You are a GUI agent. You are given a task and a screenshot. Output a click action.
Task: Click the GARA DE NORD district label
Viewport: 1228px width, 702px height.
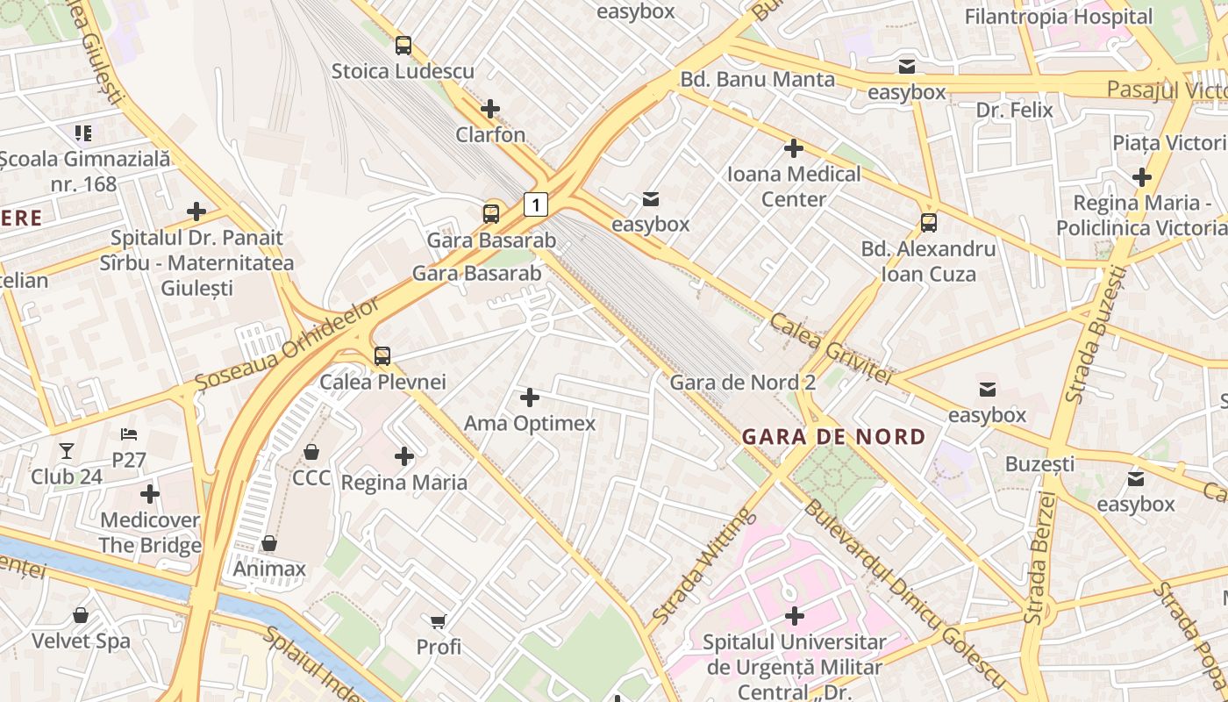(x=833, y=436)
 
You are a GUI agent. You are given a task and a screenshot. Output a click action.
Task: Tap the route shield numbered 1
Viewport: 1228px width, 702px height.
(x=536, y=204)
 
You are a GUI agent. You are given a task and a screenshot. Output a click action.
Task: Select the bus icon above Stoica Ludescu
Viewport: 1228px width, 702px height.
(x=403, y=46)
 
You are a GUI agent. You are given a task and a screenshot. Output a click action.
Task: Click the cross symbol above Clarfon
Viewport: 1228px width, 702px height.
(x=490, y=109)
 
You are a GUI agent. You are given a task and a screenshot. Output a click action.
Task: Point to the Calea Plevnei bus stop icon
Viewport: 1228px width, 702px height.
(x=382, y=356)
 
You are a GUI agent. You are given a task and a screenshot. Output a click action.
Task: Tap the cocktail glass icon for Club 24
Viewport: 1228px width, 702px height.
(x=67, y=451)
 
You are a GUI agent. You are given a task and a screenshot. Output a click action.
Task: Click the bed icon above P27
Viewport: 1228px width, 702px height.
(x=129, y=434)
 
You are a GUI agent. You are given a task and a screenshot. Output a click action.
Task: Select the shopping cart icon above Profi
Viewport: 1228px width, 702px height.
(x=438, y=621)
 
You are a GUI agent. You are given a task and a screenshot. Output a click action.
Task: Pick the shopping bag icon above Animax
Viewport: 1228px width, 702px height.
(x=269, y=543)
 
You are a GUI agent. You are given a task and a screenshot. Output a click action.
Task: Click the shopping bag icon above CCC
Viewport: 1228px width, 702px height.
(x=311, y=452)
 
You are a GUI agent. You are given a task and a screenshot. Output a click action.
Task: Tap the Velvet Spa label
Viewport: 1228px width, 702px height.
(x=81, y=641)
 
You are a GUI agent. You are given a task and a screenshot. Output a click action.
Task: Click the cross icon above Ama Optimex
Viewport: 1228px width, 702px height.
(x=530, y=398)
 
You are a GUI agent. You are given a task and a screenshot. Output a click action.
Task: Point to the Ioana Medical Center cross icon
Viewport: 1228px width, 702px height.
(x=794, y=148)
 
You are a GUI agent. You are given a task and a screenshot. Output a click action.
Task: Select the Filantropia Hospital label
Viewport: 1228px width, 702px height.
(x=1059, y=17)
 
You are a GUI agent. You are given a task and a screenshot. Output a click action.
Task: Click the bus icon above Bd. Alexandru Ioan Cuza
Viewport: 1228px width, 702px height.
(x=929, y=223)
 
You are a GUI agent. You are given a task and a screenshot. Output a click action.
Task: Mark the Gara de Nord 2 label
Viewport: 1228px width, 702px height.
(x=743, y=383)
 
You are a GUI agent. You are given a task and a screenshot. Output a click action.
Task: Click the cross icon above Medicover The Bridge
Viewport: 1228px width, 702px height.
(x=150, y=494)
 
